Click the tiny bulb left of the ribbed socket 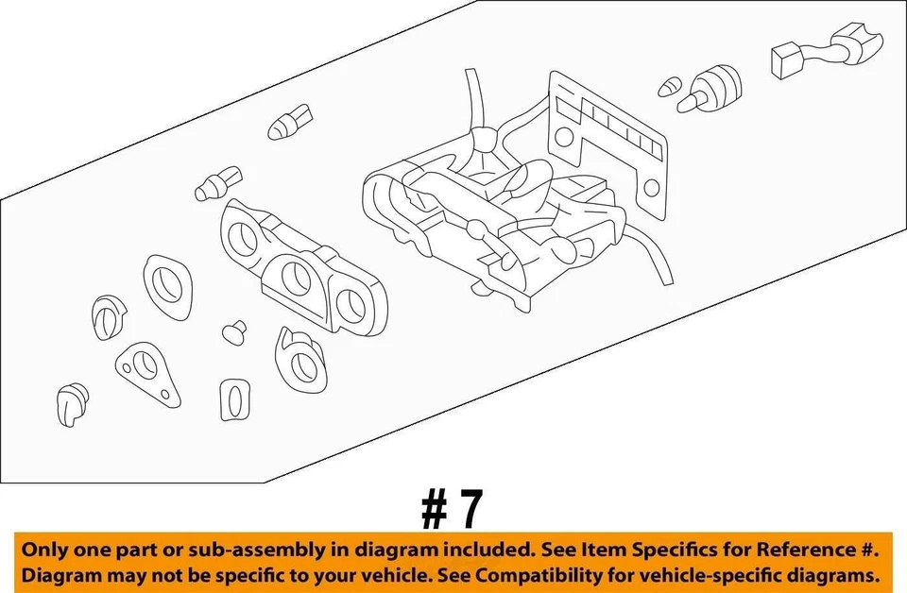coord(668,88)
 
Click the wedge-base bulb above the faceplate coord(283,126)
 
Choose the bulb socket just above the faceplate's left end coord(217,184)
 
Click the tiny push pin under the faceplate coord(233,331)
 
